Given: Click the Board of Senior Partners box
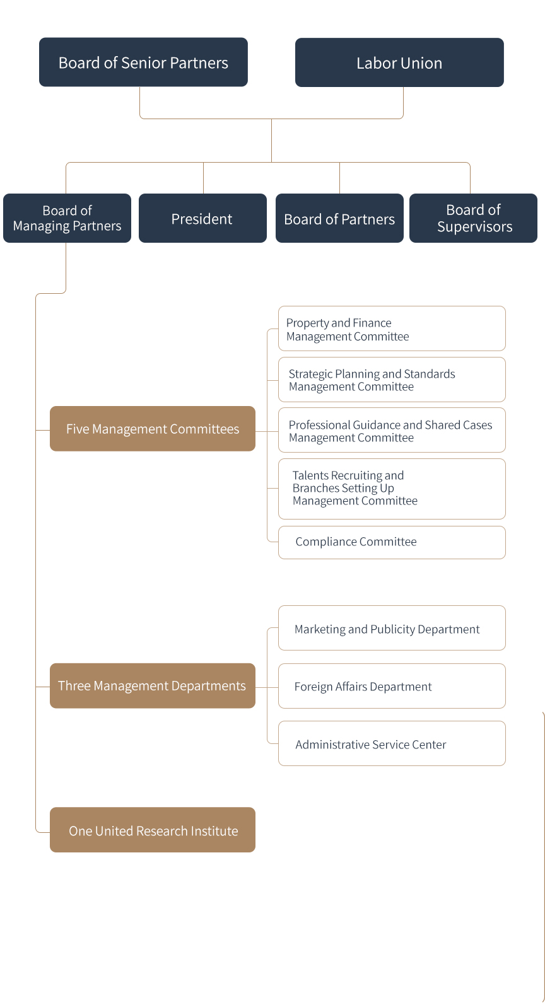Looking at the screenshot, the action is click(143, 62).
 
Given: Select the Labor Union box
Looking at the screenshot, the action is click(399, 62).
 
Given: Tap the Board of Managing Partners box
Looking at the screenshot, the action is click(67, 218).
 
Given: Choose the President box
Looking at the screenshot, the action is click(202, 218).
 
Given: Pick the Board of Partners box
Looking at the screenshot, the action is click(339, 218).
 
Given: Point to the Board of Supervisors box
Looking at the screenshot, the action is click(473, 218).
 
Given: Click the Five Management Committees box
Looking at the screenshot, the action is click(153, 429).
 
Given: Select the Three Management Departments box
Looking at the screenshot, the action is click(153, 685).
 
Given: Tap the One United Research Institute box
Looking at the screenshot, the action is click(153, 830).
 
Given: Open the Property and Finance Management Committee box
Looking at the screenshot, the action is click(392, 328).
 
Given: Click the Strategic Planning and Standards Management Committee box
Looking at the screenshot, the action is click(392, 380).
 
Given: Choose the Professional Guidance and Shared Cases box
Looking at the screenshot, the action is click(392, 430).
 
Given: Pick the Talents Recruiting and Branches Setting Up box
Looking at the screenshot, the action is click(392, 489).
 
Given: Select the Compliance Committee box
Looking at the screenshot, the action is click(392, 542).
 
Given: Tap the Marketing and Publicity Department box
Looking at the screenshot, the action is click(392, 628).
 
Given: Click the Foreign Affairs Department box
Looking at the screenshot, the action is click(392, 686).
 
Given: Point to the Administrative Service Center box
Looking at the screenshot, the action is click(392, 743).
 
